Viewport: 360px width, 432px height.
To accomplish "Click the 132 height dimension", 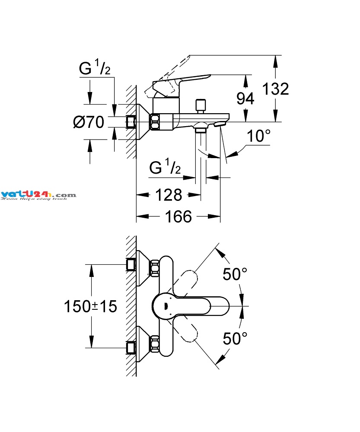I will pos(275,89).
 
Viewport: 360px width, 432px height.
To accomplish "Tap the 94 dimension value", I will pos(245,99).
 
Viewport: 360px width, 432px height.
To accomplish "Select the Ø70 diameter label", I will pos(89,123).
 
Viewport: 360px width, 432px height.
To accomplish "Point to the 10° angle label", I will pos(258,137).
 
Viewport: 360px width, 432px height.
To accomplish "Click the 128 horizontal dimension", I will pos(169,195).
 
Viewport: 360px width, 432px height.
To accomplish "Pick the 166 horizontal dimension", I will pos(178,216).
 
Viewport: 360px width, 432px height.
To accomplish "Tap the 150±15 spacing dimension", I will pos(91,307).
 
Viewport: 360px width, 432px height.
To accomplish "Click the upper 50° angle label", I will pos(235,274).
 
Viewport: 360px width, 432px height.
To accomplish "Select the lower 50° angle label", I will pos(235,338).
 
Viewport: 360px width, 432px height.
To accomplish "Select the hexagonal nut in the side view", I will pos(156,122).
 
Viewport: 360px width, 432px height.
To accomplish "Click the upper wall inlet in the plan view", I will pos(131,264).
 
